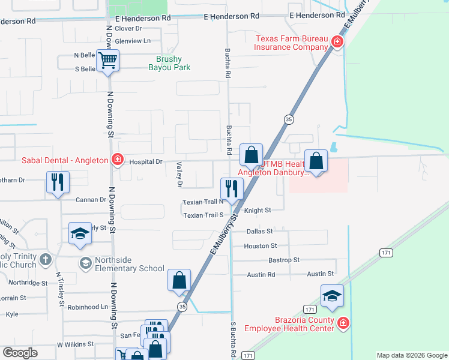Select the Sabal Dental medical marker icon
tap(118, 160)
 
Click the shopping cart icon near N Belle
tap(108, 60)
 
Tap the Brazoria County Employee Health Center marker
tap(343, 323)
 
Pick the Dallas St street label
tap(259, 231)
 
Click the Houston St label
tap(260, 245)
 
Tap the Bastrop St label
tap(284, 260)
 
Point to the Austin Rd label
tap(261, 274)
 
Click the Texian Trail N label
tap(203, 202)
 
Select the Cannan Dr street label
tap(91, 200)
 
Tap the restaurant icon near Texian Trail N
tap(232, 188)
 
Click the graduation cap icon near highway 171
tap(332, 295)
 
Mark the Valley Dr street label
tap(179, 175)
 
